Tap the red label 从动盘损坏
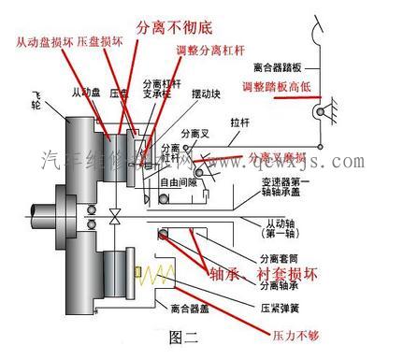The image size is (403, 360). (45, 43)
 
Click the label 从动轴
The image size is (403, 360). (287, 223)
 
